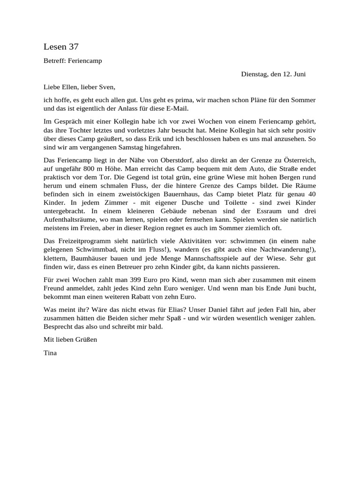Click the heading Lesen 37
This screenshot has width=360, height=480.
pos(61,46)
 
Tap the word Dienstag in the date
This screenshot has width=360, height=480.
pos(255,74)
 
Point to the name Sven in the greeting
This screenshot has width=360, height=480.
pos(105,87)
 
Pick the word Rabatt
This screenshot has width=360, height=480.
pos(143,297)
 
